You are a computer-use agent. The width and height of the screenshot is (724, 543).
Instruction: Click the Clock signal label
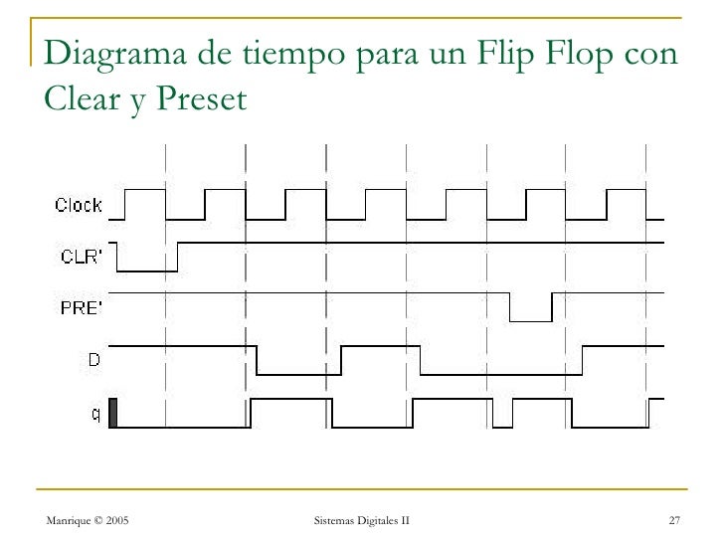tap(78, 205)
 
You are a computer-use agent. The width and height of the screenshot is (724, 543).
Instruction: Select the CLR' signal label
tap(82, 257)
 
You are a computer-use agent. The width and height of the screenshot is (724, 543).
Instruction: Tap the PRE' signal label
tap(82, 307)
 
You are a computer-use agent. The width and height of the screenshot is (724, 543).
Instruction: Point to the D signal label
tap(94, 359)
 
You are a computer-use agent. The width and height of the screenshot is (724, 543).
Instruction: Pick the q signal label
tap(95, 414)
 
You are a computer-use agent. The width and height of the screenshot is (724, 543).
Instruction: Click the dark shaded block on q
tap(113, 413)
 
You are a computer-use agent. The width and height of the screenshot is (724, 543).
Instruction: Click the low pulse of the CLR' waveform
tap(147, 271)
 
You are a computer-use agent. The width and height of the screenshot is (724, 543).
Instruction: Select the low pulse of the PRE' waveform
tap(531, 321)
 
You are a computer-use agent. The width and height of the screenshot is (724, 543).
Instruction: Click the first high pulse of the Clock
tap(145, 189)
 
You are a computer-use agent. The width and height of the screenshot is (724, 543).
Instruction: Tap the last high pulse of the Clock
tap(627, 189)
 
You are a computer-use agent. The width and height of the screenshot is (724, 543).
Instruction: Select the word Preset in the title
tap(202, 97)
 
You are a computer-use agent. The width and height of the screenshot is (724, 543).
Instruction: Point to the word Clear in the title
tap(83, 97)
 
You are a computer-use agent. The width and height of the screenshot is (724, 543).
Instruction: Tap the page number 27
tap(674, 520)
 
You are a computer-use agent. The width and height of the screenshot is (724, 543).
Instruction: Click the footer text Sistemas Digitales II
tap(362, 520)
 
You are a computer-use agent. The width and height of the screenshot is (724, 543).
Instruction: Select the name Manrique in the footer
tap(69, 521)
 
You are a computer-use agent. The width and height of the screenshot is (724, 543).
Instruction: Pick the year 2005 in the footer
tap(117, 520)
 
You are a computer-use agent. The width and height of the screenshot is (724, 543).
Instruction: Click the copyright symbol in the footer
tap(98, 520)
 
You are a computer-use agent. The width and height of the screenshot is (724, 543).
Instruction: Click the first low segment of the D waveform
tap(298, 375)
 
